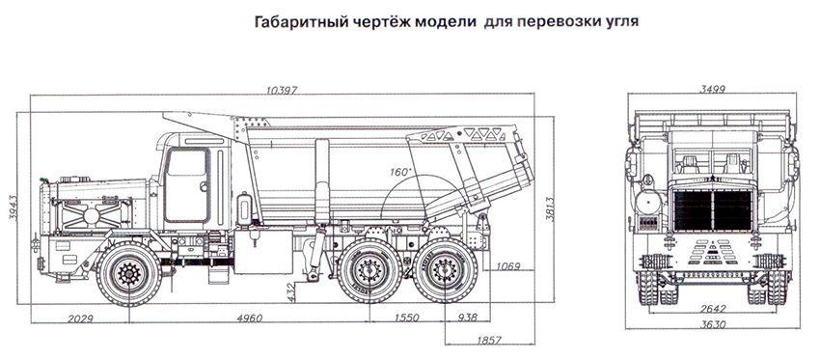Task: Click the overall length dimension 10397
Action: (x=282, y=90)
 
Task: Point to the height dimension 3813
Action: (x=550, y=208)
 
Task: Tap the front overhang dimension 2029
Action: (x=80, y=318)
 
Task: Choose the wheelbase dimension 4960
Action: (x=250, y=318)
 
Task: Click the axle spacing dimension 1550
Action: (x=406, y=318)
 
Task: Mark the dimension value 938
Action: (x=467, y=318)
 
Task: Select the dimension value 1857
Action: (x=489, y=340)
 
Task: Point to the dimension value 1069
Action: (x=507, y=266)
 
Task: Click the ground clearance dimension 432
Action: (x=291, y=292)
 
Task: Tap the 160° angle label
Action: (x=400, y=171)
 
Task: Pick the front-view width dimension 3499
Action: (x=712, y=89)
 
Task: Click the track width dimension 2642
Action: (x=713, y=309)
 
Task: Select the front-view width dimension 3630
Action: (x=713, y=324)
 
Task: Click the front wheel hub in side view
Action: (x=128, y=272)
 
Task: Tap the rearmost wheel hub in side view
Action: (x=445, y=270)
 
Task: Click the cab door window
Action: (x=186, y=162)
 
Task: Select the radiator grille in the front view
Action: (x=713, y=209)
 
